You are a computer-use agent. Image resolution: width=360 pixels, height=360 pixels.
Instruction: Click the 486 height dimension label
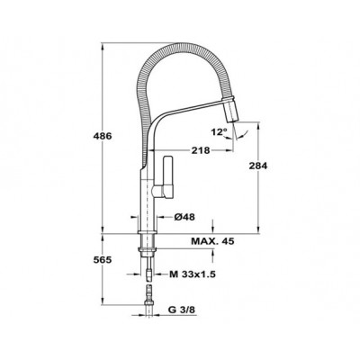click(x=103, y=136)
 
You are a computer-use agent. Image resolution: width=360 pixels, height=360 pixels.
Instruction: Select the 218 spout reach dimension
click(x=201, y=150)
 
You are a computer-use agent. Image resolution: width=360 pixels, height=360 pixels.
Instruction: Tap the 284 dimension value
click(x=258, y=166)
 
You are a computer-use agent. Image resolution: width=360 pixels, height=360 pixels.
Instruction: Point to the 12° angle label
click(x=219, y=131)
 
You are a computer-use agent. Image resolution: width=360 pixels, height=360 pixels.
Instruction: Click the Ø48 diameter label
click(x=184, y=217)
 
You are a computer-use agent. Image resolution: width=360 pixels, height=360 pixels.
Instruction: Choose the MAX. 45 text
click(x=212, y=241)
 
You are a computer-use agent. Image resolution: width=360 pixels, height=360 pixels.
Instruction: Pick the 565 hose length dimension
click(x=103, y=260)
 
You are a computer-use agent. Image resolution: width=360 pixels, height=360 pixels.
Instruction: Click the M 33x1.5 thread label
click(x=193, y=274)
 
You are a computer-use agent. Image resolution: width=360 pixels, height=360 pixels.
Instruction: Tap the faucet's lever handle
click(x=167, y=177)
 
